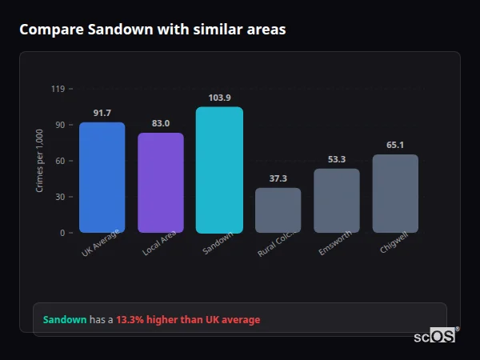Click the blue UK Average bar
tap(102, 178)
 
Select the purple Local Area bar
tap(160, 183)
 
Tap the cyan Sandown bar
tap(219, 170)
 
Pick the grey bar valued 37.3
tap(278, 210)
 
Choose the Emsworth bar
tap(337, 201)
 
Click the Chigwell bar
tap(395, 194)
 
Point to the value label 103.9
tap(219, 98)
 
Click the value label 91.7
tap(102, 113)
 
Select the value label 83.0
tap(160, 123)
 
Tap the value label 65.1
tap(395, 145)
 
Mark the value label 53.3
tap(337, 159)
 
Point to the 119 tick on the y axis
tap(58, 89)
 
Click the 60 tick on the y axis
tap(60, 161)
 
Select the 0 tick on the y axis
tap(62, 233)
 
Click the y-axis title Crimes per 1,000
tap(39, 161)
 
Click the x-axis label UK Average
tap(100, 243)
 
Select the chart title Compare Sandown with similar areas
tap(152, 29)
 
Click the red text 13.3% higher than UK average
tap(188, 319)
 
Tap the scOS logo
tap(435, 336)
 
